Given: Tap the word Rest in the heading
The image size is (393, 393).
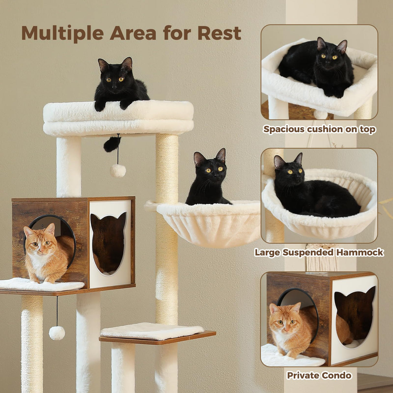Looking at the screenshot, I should pos(219,33).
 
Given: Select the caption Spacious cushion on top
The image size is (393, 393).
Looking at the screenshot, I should pos(319,129).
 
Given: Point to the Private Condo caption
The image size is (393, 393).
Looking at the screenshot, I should pos(319,375).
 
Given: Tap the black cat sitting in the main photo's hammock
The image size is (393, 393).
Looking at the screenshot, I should pos(208,181).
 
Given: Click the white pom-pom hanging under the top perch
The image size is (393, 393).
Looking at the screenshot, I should pos(118,170).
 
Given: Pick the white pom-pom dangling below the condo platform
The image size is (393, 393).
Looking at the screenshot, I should pos(57,333).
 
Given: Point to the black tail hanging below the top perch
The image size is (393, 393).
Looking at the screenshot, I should pos(111,144).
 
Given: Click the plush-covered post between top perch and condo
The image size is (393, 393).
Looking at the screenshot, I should pos(69,167).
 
